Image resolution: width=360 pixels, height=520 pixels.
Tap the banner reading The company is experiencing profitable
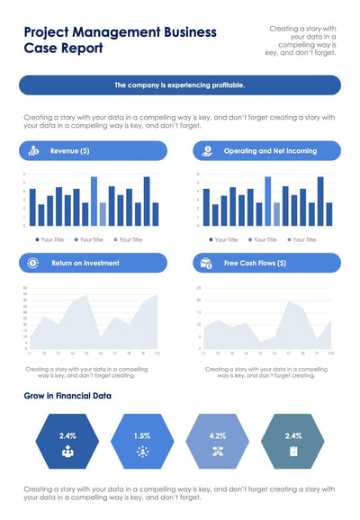179,85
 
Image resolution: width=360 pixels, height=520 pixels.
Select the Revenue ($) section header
69,151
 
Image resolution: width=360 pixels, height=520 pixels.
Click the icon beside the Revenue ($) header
33,151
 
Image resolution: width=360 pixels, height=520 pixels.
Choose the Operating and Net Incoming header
270,151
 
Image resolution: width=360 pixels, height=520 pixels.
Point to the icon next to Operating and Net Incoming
208,151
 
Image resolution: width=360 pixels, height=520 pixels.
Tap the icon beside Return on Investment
33,263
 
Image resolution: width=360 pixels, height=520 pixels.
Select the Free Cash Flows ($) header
255,263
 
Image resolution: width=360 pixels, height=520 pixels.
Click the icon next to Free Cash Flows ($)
206,263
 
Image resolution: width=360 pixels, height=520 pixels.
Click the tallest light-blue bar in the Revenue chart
94,201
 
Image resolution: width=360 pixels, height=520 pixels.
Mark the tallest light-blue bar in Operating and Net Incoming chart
267,201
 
